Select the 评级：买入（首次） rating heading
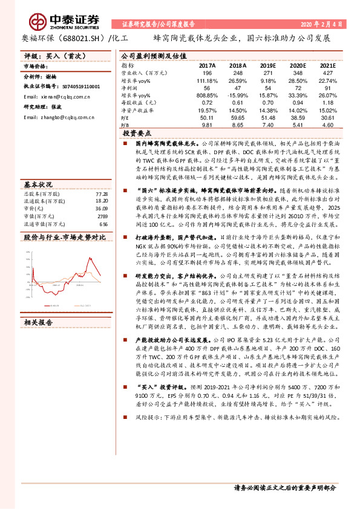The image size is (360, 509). (49, 55)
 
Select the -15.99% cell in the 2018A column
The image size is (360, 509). (237, 96)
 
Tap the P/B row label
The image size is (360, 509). (125, 124)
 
